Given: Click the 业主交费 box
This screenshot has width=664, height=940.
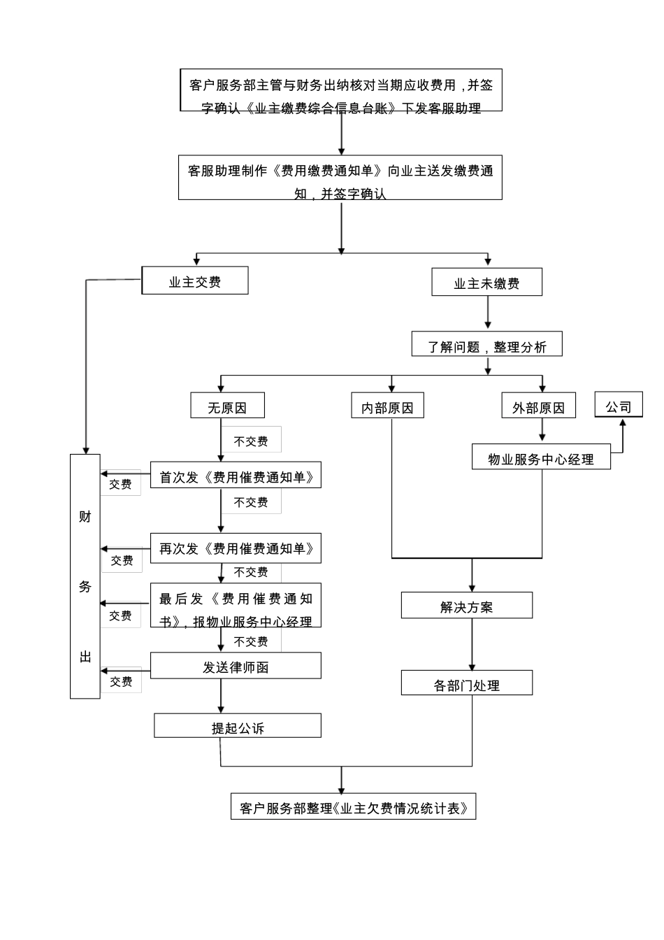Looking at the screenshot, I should point(195,281).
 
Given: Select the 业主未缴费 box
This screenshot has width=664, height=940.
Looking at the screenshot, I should point(486,283).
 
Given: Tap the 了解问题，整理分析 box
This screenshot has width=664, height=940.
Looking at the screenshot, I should point(486,345).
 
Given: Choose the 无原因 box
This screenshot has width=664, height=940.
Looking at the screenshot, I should point(228,406).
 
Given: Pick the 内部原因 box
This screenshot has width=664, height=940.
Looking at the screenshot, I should point(388,406).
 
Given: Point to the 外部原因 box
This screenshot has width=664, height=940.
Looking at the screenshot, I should point(538,406).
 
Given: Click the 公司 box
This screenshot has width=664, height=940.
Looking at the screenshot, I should point(619,406).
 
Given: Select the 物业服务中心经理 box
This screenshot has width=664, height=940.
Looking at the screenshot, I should point(541,457).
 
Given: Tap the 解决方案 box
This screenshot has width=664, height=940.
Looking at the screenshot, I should point(466,606).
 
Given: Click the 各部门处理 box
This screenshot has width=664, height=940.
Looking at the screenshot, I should point(466,683).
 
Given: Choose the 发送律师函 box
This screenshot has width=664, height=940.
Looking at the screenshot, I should point(236,666).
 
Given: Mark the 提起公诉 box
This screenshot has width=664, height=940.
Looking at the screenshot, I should point(238,726).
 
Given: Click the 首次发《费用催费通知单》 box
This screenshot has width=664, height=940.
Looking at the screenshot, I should point(236,476).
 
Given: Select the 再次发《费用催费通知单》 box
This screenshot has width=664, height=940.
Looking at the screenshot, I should point(236,548).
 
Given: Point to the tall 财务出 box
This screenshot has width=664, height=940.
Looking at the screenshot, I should point(85,576).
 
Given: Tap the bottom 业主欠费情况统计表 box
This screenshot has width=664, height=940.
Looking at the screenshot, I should point(353,806).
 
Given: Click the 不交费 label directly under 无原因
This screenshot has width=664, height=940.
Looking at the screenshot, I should point(251,441).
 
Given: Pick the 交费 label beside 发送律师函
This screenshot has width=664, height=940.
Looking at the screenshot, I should point(121,681).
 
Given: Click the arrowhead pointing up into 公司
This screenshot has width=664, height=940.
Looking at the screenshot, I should point(622,422).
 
